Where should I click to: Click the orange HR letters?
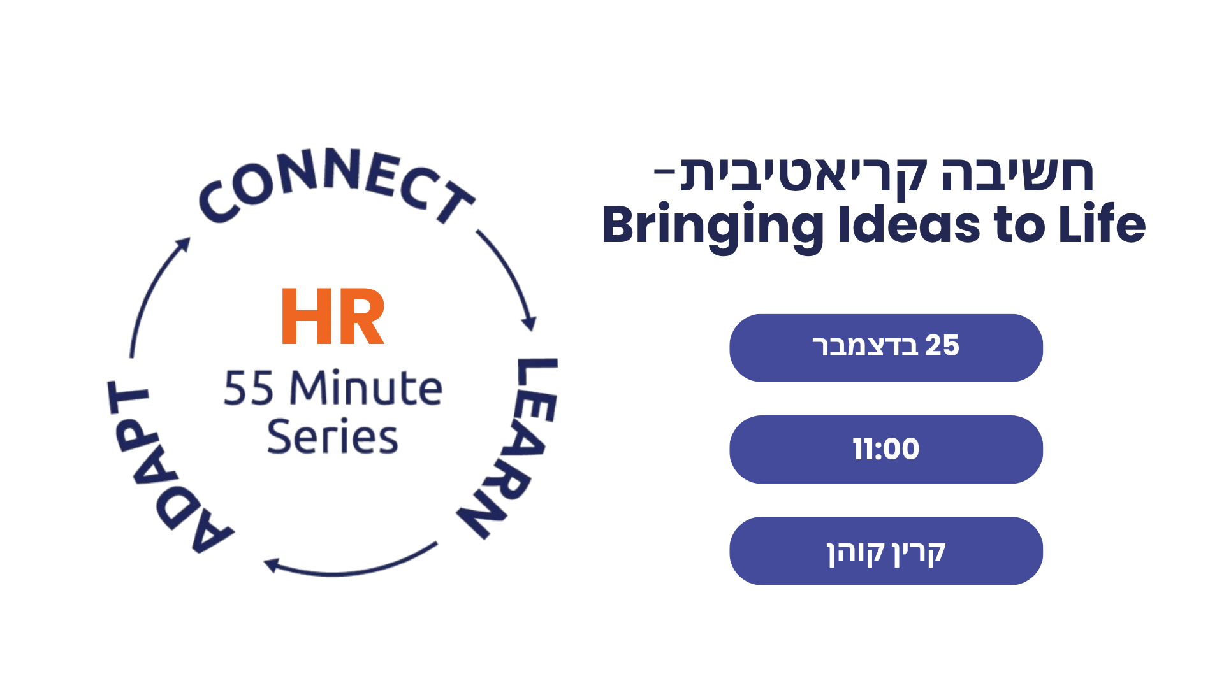click(x=333, y=317)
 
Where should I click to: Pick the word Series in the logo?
click(x=333, y=437)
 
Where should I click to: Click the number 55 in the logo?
click(x=249, y=389)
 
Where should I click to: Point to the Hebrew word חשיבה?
click(x=1018, y=174)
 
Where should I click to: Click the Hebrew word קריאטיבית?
click(x=803, y=175)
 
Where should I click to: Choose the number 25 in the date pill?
click(x=942, y=345)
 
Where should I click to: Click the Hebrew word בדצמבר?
click(x=865, y=346)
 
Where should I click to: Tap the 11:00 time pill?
click(x=886, y=449)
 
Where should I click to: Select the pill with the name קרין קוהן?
click(x=886, y=551)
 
